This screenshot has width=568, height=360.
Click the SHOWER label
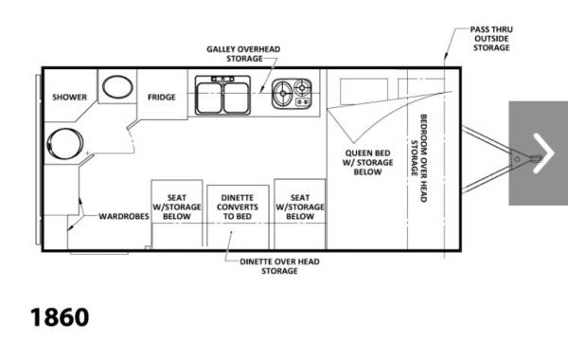(69, 98)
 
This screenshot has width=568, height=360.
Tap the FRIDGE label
(162, 98)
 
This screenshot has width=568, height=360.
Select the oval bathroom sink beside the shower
(117, 86)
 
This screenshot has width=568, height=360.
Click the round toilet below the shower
(64, 144)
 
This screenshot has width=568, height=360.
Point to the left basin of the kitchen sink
(209, 98)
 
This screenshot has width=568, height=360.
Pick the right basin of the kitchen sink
(236, 98)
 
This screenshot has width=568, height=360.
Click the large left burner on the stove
(282, 94)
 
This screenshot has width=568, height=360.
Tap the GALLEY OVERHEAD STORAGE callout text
(243, 54)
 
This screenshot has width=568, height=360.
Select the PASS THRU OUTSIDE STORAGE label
(491, 39)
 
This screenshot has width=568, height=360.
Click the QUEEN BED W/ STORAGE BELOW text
(367, 162)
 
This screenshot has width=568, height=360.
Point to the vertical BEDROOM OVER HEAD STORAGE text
(419, 158)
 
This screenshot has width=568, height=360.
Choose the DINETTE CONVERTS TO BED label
(238, 207)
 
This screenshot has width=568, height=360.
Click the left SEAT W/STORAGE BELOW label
(177, 207)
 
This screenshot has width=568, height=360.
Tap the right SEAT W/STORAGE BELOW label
(300, 207)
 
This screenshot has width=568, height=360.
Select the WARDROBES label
(124, 216)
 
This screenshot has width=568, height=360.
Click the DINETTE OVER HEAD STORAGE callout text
(279, 266)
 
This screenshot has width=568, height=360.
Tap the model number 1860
(60, 317)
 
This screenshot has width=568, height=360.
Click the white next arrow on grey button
(543, 153)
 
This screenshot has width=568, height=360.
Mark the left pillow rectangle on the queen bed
(364, 91)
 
